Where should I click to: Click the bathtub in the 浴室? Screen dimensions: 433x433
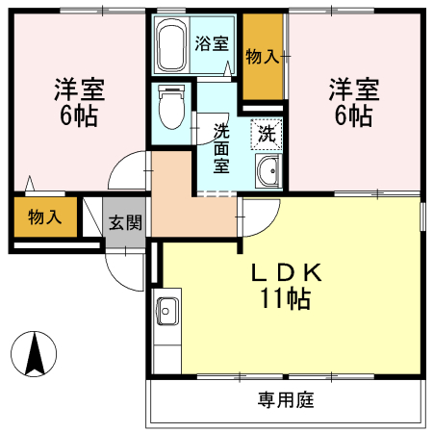(171, 45)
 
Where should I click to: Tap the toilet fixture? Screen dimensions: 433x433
(171, 105)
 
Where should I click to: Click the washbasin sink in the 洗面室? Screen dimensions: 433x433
(267, 174)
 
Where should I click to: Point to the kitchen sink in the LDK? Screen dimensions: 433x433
(166, 314)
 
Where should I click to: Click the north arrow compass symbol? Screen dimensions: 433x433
(36, 354)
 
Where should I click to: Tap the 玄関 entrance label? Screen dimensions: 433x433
(124, 223)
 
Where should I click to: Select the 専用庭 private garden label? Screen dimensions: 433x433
(286, 398)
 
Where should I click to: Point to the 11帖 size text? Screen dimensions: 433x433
(285, 299)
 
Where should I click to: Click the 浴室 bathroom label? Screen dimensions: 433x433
(212, 43)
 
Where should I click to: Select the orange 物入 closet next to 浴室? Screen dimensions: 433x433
(262, 56)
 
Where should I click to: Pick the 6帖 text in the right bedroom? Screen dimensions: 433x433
(354, 117)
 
